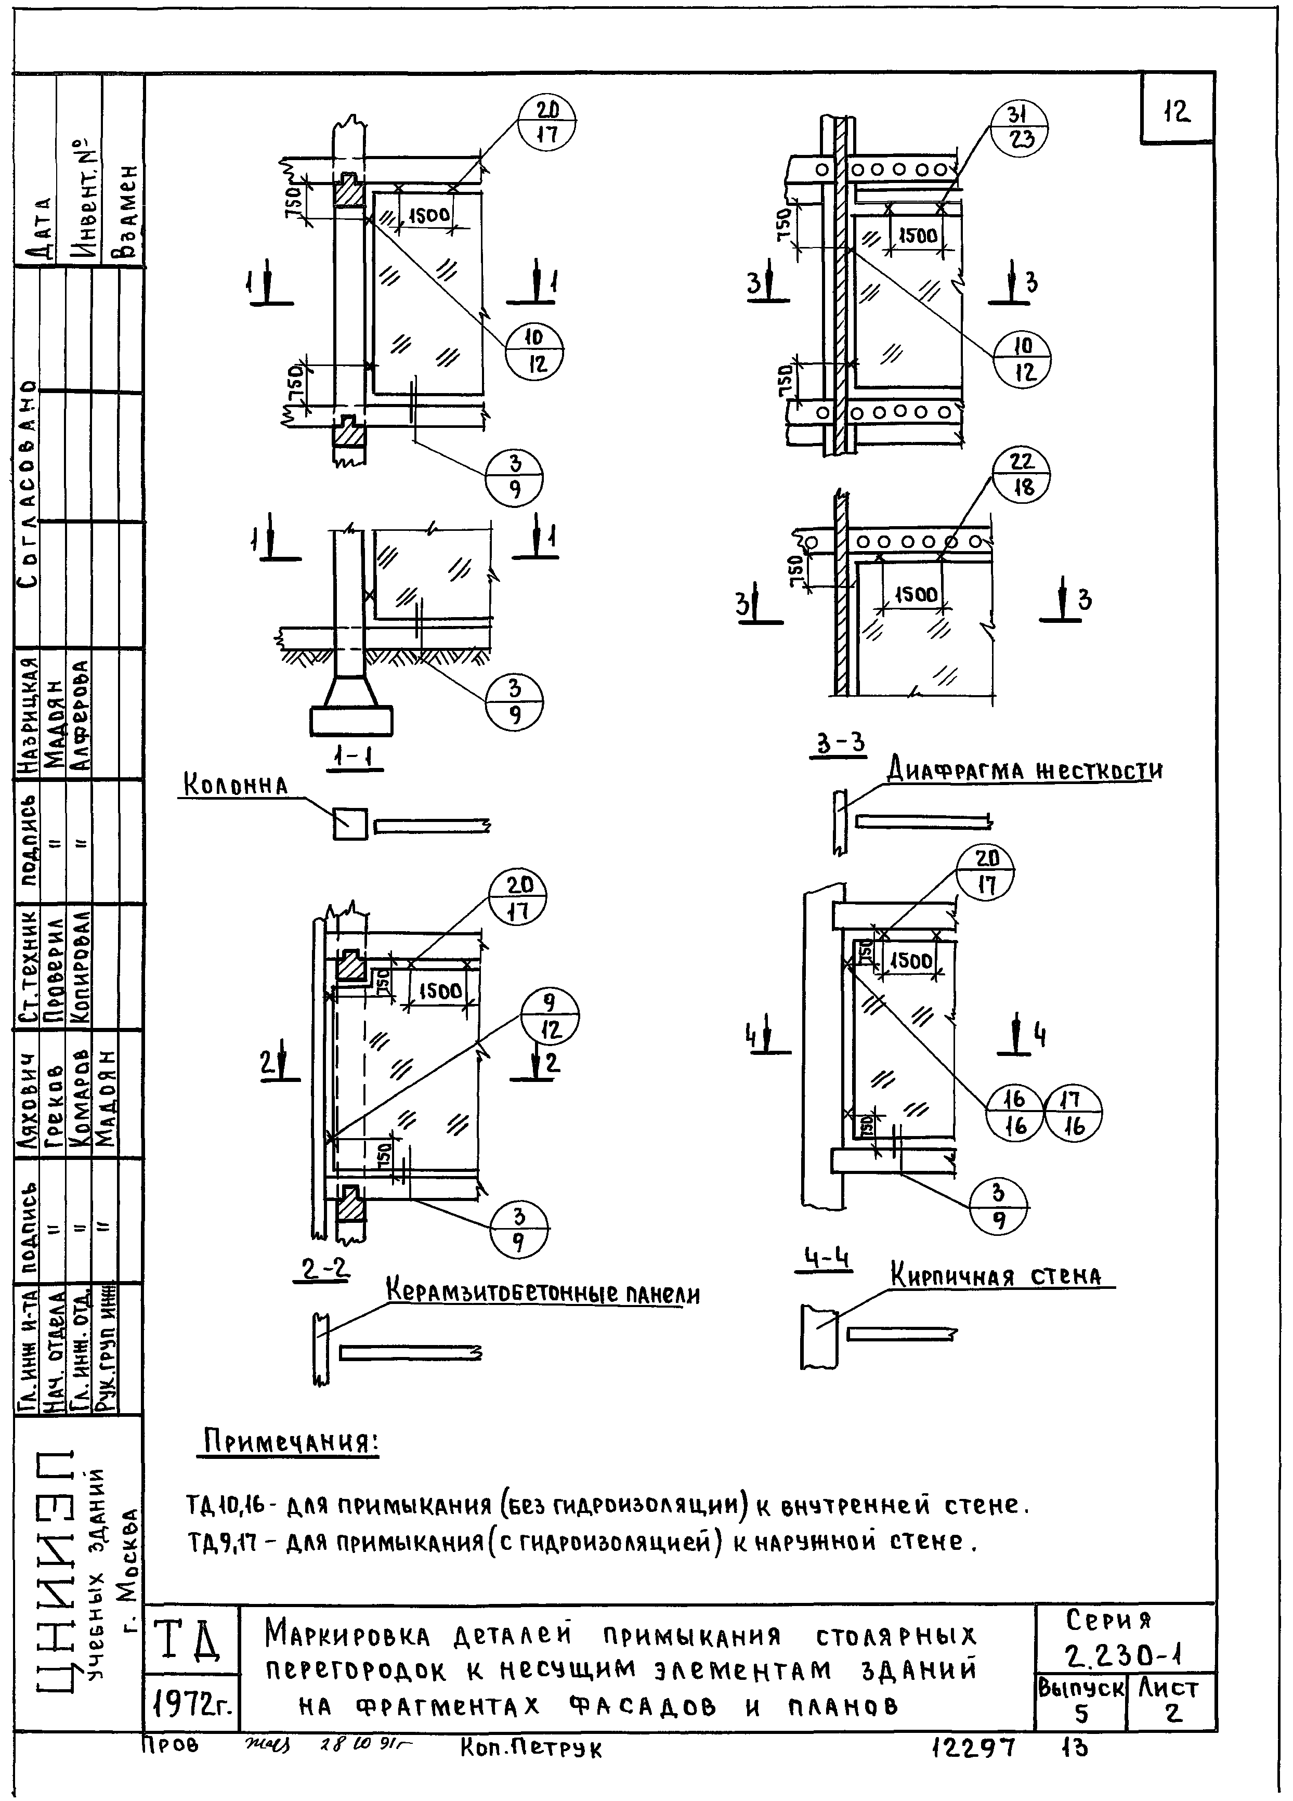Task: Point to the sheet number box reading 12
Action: (1177, 111)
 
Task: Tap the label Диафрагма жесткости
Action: (1025, 771)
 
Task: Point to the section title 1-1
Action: (354, 759)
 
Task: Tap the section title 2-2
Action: (325, 1270)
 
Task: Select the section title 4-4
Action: (826, 1258)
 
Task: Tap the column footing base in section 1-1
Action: (350, 720)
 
